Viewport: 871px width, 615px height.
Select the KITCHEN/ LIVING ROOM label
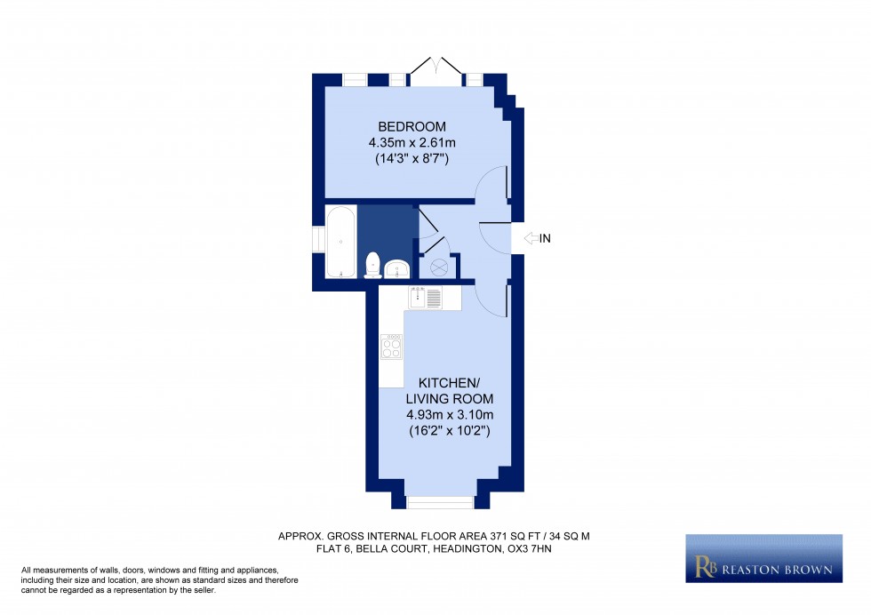449,390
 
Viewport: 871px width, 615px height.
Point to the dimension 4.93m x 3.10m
449,414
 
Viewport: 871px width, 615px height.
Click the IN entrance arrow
530,238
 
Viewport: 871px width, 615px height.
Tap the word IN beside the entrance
546,238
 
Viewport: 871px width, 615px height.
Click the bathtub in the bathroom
340,241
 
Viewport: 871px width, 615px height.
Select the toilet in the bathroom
373,264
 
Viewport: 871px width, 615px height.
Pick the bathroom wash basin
396,268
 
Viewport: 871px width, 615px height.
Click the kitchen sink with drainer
426,298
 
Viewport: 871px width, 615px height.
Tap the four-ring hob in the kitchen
391,346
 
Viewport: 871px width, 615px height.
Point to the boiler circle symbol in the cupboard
437,267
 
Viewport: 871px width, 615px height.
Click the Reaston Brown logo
763,558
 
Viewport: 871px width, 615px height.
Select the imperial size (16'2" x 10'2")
449,430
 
